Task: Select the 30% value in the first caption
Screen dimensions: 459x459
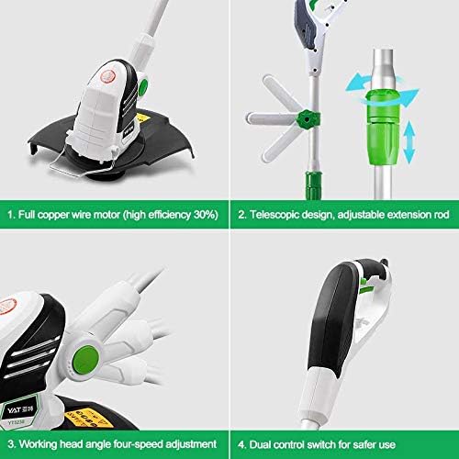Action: click(x=206, y=215)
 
